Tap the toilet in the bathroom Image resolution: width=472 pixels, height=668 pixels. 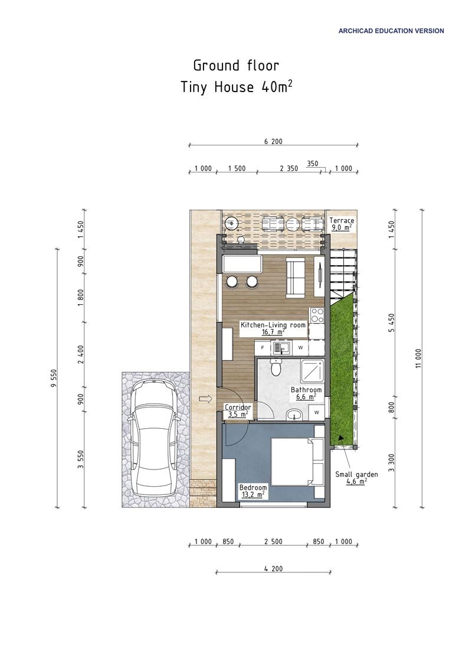click(275, 368)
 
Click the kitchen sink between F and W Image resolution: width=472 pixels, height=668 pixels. click(280, 348)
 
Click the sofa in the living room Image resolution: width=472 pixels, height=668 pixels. click(294, 277)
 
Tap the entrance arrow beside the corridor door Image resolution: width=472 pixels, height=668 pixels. click(206, 399)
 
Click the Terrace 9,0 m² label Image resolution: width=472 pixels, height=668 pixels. click(341, 223)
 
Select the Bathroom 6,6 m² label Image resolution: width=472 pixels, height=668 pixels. click(306, 393)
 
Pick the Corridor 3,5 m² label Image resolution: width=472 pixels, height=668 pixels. click(238, 410)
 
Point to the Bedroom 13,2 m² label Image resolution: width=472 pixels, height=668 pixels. click(253, 491)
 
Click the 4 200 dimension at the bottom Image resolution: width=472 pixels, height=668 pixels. click(274, 569)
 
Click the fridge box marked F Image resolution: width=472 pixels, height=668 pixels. click(263, 348)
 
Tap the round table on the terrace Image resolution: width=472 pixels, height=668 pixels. click(293, 224)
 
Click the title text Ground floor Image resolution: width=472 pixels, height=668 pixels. click(236, 65)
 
